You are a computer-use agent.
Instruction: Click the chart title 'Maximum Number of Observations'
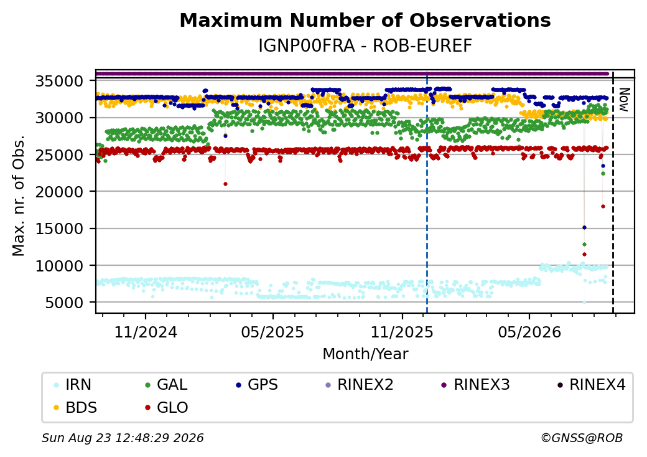pos(365,20)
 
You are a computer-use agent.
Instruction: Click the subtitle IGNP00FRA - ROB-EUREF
pos(365,46)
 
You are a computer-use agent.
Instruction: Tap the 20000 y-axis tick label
pos(60,192)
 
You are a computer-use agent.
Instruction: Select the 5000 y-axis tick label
pos(65,303)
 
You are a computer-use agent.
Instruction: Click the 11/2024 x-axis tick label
pos(145,332)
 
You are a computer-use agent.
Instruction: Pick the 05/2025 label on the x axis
pos(272,332)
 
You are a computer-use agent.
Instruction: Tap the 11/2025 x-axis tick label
pos(402,332)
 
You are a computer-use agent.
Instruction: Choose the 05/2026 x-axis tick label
pos(529,332)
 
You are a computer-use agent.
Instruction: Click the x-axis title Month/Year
pos(365,354)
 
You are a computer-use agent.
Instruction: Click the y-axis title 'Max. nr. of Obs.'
pos(18,196)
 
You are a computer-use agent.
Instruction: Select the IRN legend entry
pos(73,385)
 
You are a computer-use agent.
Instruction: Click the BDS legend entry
pos(75,408)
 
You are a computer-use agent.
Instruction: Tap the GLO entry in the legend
pos(167,408)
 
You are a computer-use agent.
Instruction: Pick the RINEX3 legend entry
pos(476,385)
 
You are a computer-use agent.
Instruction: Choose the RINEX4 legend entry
pos(591,385)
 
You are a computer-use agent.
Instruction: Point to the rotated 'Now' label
pos(624,100)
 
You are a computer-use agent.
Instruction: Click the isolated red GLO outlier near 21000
pos(225,184)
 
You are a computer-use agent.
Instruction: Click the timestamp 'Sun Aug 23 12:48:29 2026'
pos(123,438)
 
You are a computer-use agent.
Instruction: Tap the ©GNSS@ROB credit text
pos(582,438)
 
